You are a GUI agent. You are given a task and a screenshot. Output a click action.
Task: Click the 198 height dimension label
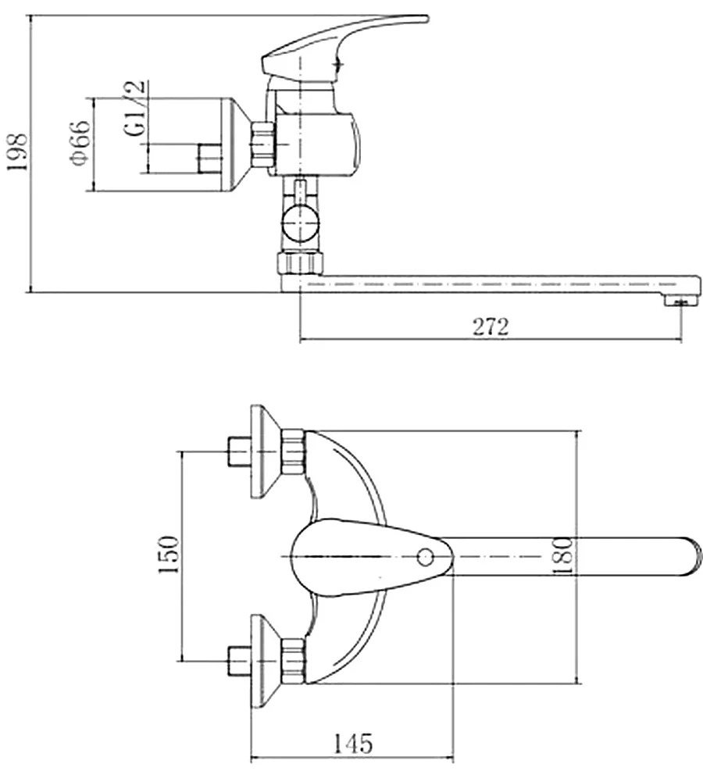pos(18,152)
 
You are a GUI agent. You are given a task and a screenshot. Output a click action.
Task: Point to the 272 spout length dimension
pos(491,327)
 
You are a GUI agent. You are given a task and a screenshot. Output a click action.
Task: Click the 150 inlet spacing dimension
pos(169,555)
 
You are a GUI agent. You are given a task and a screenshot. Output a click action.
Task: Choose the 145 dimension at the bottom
pos(353,744)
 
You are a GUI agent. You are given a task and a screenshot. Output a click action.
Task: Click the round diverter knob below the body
pos(300,223)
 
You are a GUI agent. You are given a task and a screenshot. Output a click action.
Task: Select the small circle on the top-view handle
pos(426,557)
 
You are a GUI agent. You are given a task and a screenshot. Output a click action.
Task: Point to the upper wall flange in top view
pos(266,451)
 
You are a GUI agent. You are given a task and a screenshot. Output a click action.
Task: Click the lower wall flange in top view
pos(266,661)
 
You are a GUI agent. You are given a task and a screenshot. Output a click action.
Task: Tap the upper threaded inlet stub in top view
pos(239,451)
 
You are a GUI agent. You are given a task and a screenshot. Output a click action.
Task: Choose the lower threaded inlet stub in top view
pos(239,661)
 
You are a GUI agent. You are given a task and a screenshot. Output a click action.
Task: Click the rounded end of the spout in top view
pos(694,556)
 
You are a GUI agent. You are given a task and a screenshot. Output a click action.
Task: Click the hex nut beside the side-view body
pos(263,144)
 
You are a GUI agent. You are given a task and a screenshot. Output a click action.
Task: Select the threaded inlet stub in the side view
pos(209,159)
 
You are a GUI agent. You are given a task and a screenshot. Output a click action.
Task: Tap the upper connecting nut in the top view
pos(293,451)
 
